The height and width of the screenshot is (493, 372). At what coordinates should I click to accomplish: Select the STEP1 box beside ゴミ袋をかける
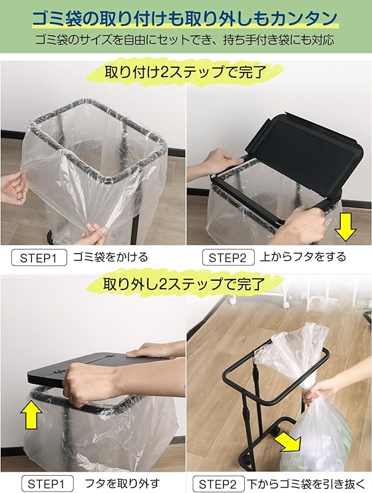click(x=39, y=258)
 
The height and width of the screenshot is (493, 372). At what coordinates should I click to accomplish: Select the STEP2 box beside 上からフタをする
click(x=228, y=258)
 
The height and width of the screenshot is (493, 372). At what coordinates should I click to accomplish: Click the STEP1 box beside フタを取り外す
click(x=47, y=484)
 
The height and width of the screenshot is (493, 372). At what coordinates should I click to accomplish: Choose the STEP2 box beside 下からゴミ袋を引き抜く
click(x=218, y=484)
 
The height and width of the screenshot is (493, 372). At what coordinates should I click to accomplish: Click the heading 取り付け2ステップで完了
click(x=186, y=73)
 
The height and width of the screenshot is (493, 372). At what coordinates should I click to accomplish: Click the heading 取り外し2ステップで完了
click(x=184, y=284)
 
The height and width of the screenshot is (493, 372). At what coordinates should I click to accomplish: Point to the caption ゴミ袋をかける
click(x=110, y=257)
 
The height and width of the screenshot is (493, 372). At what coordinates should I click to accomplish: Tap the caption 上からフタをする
click(x=303, y=257)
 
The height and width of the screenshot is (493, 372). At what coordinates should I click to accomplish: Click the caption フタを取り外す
click(x=122, y=483)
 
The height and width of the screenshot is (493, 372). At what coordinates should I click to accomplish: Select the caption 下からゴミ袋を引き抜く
click(x=306, y=483)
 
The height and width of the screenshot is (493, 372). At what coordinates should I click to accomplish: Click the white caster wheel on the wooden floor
click(x=232, y=300)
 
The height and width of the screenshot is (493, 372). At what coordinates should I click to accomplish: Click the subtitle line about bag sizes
click(x=184, y=40)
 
